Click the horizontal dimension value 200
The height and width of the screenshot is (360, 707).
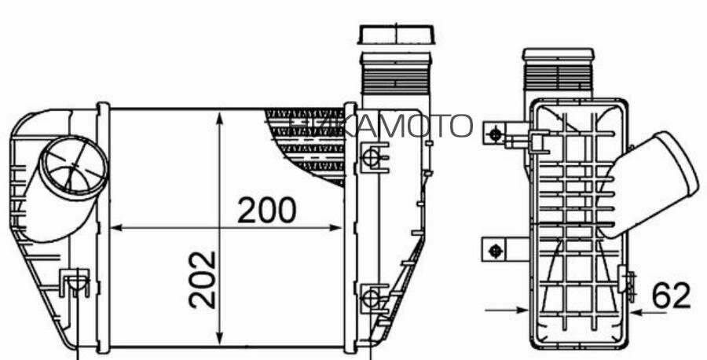[x=267, y=210]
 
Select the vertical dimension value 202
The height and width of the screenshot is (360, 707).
[x=203, y=279]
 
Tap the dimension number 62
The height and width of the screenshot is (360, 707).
[x=671, y=296]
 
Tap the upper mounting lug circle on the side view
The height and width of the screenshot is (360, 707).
[x=495, y=134]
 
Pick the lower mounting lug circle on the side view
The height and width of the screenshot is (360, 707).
[x=495, y=251]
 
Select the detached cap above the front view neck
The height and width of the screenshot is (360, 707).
[x=397, y=34]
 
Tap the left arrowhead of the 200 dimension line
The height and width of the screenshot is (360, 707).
[x=115, y=228]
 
